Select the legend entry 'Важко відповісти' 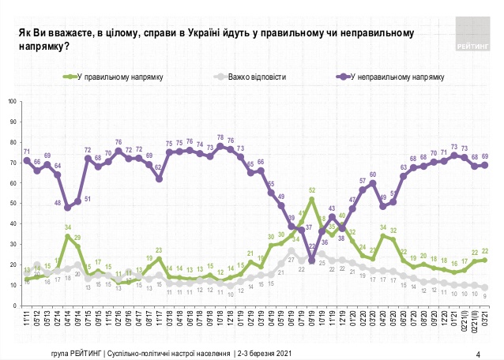click(x=258, y=77)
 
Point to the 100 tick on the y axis click(x=13, y=101)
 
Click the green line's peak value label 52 click(x=312, y=190)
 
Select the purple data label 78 click(x=220, y=137)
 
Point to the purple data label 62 click(x=159, y=167)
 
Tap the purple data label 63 click(x=403, y=167)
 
